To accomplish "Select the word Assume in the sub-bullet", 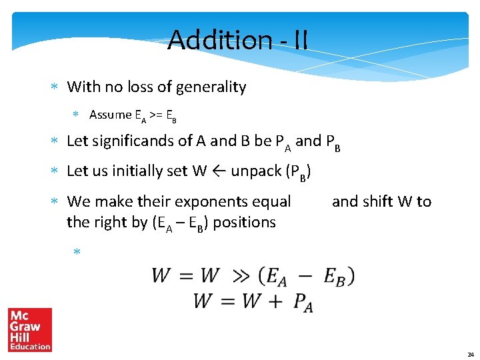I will coord(111,115).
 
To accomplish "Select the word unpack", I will coord(255,171).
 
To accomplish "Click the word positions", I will coord(244,222).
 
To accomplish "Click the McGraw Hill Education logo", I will coord(30,329).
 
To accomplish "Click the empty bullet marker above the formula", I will coord(77,252).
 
